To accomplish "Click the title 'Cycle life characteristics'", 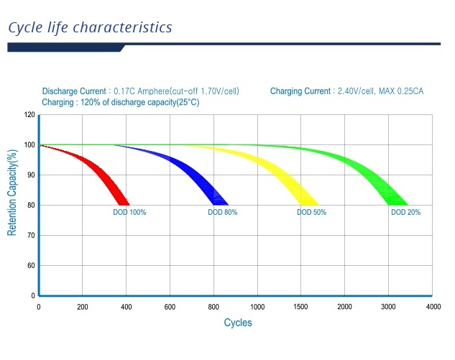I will point(90,28).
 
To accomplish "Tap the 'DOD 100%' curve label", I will point(129,213).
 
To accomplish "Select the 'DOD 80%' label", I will point(222,213).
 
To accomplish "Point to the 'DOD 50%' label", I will point(311,213).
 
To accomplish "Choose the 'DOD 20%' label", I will point(405,213).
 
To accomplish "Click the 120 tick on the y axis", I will point(29,115).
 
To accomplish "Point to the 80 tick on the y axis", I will point(31,206).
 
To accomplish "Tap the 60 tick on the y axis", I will point(31,266).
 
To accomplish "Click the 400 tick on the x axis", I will point(126,307).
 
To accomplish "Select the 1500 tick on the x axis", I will point(301,307).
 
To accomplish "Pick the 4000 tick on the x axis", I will point(433,307).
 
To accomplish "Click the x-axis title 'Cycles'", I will point(238,323).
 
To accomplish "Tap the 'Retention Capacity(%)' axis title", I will point(12,193).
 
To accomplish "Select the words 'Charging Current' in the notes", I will point(300,92).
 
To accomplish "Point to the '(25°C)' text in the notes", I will point(184,103).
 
